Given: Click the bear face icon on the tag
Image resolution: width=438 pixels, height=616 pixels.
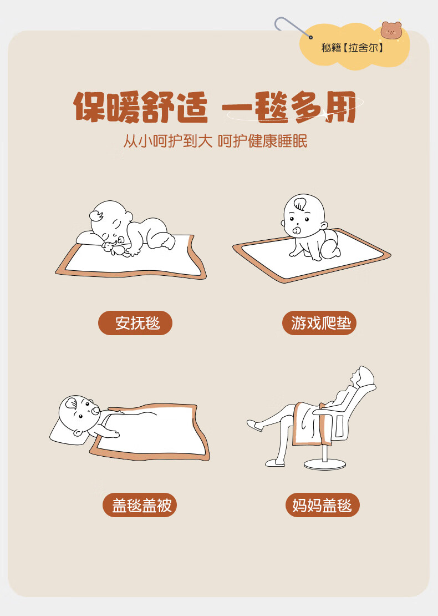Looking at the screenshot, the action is (391, 31).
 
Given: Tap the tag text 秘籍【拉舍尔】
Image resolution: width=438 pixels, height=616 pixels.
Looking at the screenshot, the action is (352, 48).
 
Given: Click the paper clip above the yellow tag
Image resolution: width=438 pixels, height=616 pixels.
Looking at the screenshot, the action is (293, 28).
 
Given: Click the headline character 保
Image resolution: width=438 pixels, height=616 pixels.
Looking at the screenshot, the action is (89, 107).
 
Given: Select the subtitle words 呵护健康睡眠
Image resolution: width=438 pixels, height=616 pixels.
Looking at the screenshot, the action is (262, 141).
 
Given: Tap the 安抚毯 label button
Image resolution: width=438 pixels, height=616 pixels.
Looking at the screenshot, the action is (135, 323).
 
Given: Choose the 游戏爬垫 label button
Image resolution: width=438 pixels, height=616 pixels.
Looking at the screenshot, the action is (319, 323).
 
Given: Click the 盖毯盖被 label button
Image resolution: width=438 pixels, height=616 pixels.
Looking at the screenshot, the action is (140, 505).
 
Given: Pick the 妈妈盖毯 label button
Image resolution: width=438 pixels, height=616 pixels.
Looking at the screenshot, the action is (323, 505).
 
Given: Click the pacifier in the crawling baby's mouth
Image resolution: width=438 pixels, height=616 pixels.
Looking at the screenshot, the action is (297, 230).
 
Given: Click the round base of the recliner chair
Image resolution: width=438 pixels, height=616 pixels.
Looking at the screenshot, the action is (324, 464).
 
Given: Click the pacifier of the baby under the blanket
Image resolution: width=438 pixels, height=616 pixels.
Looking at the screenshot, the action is (95, 411).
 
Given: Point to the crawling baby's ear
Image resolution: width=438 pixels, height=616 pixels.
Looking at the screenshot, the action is (324, 226).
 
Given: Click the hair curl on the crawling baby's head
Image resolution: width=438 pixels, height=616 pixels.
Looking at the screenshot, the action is (301, 204).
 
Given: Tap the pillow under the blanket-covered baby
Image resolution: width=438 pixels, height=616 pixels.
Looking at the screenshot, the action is (66, 432).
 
